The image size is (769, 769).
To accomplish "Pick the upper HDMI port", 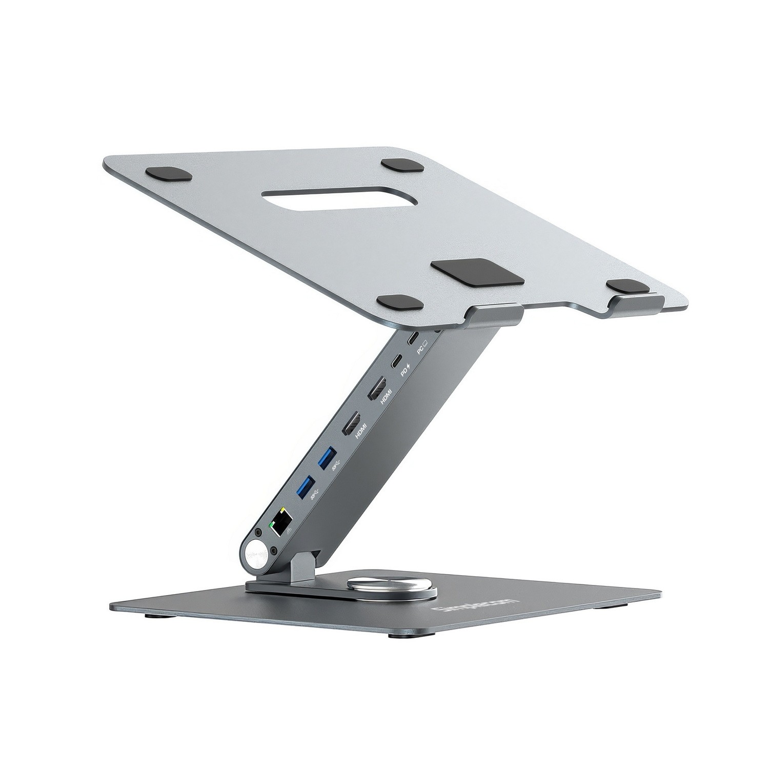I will pos(375,389).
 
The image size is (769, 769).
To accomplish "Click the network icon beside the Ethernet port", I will pos(288,534).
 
